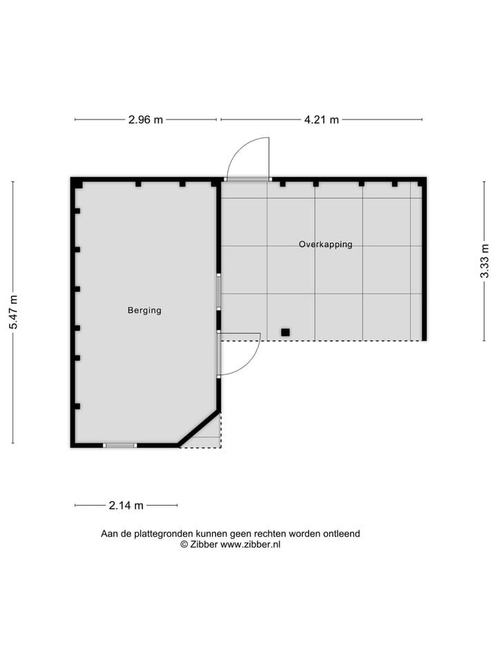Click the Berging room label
click(144, 311)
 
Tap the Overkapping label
click(326, 244)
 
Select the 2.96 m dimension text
click(146, 119)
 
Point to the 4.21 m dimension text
click(322, 119)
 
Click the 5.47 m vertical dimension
click(13, 312)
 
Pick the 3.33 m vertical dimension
click(485, 261)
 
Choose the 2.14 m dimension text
click(126, 505)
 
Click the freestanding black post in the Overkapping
click(285, 332)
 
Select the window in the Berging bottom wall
click(120, 445)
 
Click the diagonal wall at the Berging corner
click(199, 428)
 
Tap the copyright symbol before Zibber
click(184, 544)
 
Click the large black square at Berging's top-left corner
click(79, 184)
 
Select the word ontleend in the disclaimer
click(341, 533)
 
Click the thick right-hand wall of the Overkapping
click(424, 260)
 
